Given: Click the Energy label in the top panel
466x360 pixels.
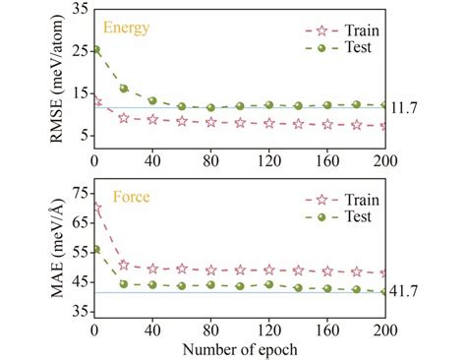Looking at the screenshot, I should click(127, 28).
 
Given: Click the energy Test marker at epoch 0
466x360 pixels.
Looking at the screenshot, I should click(95, 49).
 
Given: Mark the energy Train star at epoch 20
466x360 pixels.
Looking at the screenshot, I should click(124, 117).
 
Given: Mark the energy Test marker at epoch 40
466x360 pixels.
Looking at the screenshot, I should click(152, 100).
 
